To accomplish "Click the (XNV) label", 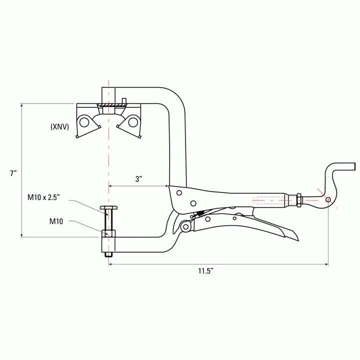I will coord(59,127).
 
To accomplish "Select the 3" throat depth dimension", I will coord(139,179).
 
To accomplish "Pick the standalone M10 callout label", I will coord(56,220).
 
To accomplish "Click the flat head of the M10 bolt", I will coord(108,208).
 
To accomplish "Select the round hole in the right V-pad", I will coord(133,120).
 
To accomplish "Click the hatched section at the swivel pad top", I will coord(109,105).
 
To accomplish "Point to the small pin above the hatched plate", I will coord(123,100).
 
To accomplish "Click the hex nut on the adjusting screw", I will coord(298,199).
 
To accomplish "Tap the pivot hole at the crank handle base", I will coord(328,200).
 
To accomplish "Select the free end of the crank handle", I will coord(352,166).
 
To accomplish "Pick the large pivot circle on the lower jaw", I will coord(186,227).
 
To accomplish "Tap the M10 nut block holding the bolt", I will coord(108,233).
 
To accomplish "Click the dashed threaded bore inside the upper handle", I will coord(270,203).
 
